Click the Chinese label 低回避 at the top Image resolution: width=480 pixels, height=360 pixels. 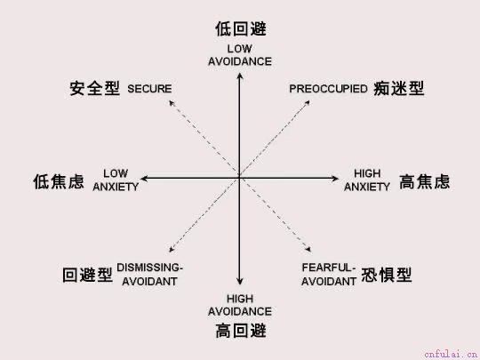(241, 29)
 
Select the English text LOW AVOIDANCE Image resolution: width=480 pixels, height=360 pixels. (240, 55)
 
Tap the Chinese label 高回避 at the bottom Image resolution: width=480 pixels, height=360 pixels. (241, 332)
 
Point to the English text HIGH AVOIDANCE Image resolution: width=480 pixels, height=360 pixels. (240, 305)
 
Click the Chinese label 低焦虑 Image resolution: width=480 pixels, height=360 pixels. (59, 181)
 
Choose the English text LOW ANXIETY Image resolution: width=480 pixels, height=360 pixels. (116, 180)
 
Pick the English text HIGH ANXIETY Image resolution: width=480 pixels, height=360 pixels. (367, 180)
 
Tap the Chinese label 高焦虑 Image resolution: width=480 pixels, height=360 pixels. (425, 181)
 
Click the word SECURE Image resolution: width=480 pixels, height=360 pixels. (149, 89)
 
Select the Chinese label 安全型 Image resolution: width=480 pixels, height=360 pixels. (94, 89)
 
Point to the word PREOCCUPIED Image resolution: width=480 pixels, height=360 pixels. (329, 89)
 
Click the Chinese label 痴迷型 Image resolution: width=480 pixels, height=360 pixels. (399, 89)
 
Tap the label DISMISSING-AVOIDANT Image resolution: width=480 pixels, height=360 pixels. (149, 275)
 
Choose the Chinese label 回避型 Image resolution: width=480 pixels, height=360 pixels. (87, 275)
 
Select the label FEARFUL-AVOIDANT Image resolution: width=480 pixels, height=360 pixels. (329, 275)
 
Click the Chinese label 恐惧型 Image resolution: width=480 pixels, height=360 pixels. (387, 275)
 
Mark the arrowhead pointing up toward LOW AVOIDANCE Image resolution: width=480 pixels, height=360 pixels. (240, 76)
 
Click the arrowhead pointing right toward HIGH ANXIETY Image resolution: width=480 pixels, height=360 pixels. (335, 178)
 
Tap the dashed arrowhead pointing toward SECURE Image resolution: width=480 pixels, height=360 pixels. (172, 103)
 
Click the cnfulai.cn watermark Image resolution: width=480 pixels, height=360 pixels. (451, 355)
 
